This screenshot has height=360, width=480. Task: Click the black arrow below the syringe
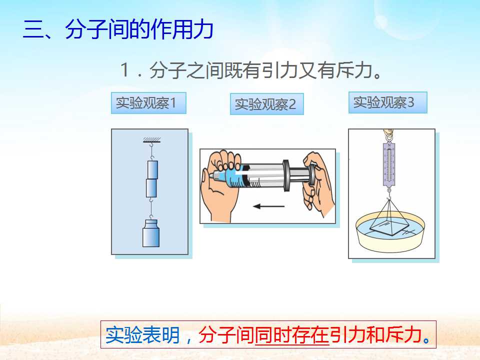[x=269, y=206]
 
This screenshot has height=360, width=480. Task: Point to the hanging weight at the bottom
[x=151, y=233]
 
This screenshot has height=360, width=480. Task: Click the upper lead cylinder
[x=152, y=169]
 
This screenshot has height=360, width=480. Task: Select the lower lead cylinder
[x=151, y=188]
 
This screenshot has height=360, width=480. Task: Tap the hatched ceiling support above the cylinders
[x=152, y=140]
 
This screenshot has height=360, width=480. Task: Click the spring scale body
[x=389, y=164]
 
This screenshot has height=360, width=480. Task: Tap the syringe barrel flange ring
[x=286, y=175]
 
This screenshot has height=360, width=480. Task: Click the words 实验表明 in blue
[x=142, y=335]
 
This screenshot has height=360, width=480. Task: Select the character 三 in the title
[x=33, y=29]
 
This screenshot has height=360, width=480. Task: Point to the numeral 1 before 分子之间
[x=124, y=70]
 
